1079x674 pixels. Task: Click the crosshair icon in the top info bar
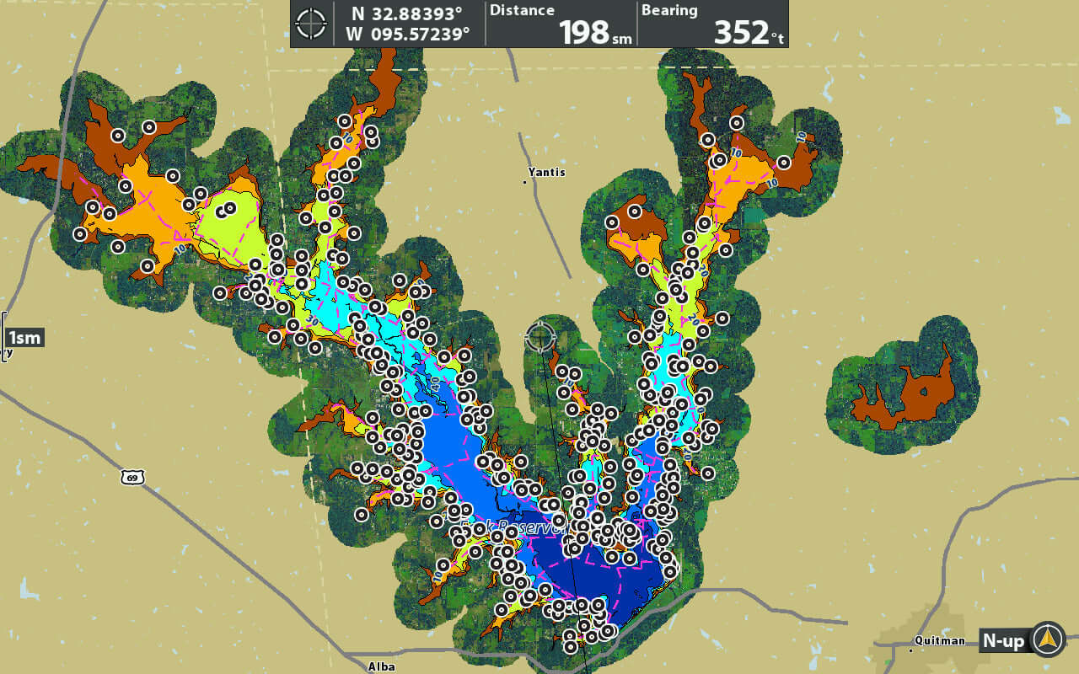click(x=311, y=24)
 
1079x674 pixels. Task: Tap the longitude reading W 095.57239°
click(x=407, y=35)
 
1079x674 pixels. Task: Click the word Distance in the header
click(x=522, y=11)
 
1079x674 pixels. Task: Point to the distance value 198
click(x=583, y=32)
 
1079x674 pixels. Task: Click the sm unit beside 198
click(x=622, y=37)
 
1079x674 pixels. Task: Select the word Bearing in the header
click(x=669, y=11)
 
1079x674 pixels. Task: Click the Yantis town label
click(x=546, y=173)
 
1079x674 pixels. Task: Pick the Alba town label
click(x=382, y=666)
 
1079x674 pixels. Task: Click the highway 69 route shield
click(x=132, y=478)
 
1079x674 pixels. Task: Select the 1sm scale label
click(x=24, y=338)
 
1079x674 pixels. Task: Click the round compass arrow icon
click(x=1048, y=639)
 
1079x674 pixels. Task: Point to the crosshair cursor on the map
click(x=540, y=336)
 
